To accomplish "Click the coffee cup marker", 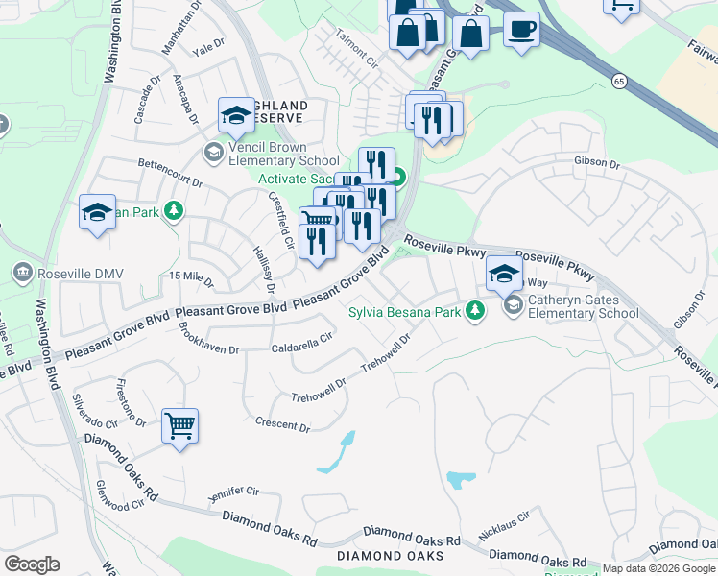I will pyautogui.click(x=521, y=29).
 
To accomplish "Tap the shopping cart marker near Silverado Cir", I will pyautogui.click(x=180, y=424).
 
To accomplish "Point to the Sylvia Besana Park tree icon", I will pyautogui.click(x=474, y=311).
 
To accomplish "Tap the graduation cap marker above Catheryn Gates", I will pyautogui.click(x=504, y=275).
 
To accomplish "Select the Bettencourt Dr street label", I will pyautogui.click(x=170, y=172).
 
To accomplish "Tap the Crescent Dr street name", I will pyautogui.click(x=283, y=423).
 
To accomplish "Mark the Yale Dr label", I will pyautogui.click(x=207, y=51).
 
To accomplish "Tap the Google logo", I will pyautogui.click(x=32, y=564).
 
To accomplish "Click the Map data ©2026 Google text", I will pyautogui.click(x=658, y=568).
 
